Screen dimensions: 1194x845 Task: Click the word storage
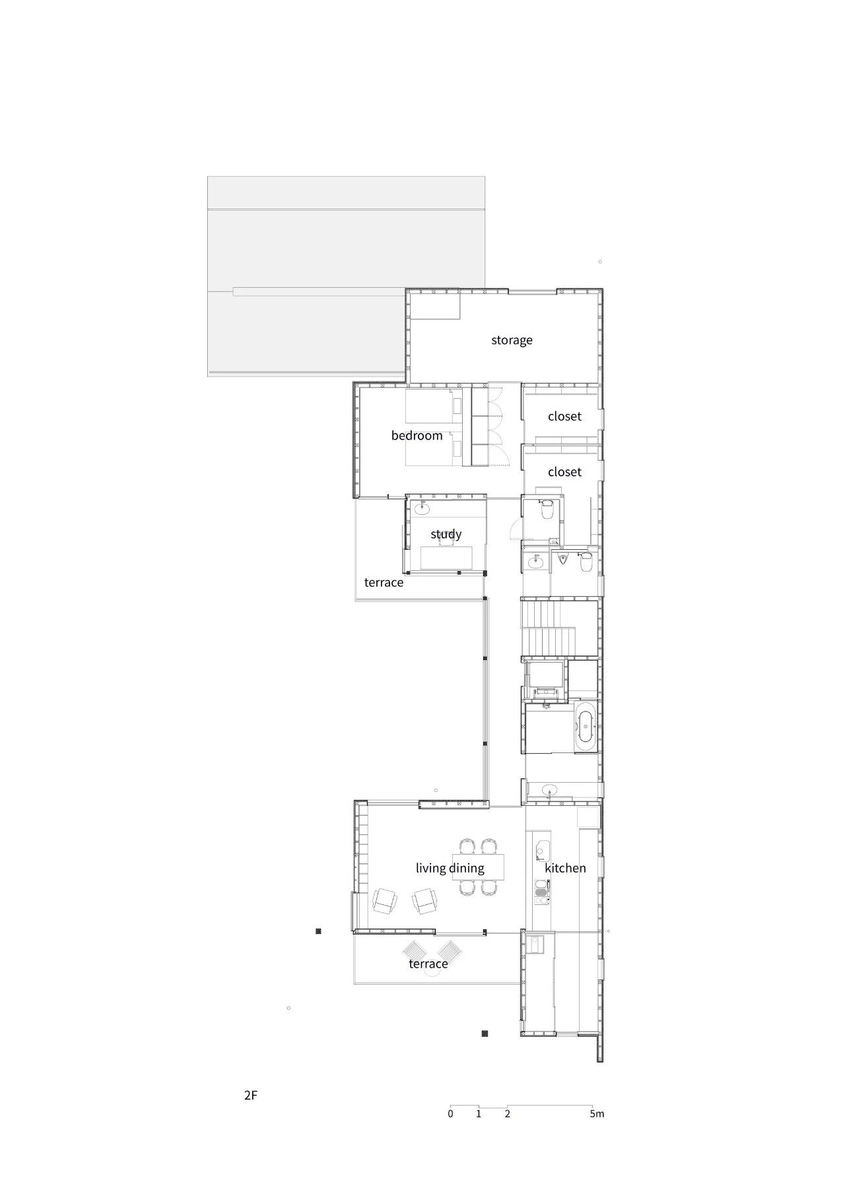coord(512,340)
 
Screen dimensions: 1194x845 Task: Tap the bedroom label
coord(417,436)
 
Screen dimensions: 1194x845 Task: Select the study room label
coord(446,534)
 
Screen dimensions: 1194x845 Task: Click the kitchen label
coord(565,868)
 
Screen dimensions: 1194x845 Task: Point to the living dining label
coord(450,868)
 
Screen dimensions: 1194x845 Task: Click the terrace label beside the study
coord(384,582)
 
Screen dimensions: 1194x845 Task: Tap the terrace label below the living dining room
coord(428,964)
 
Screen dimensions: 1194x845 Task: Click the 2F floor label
coord(250,1096)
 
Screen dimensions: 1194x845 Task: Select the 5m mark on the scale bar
coord(597,1113)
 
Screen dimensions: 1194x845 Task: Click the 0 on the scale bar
coord(450,1113)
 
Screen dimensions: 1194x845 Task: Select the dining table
coord(478,867)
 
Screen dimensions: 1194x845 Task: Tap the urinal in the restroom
coord(562,560)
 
